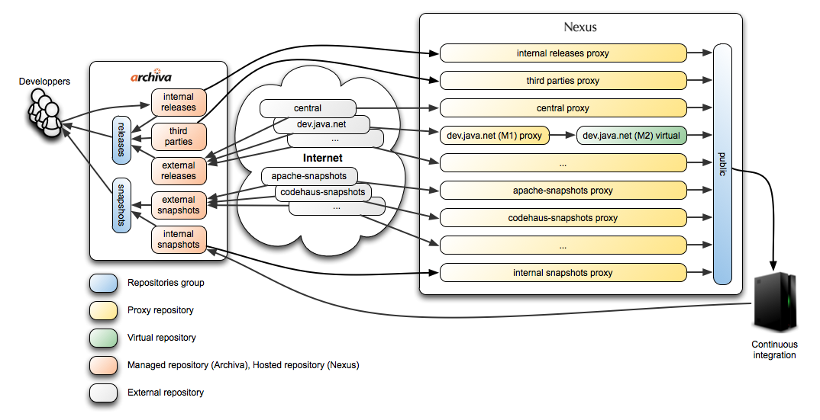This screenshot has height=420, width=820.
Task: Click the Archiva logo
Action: [x=150, y=76]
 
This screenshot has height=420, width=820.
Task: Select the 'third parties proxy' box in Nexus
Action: [x=563, y=81]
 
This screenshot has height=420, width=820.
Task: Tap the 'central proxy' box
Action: [x=563, y=108]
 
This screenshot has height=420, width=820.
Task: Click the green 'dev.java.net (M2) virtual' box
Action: [x=631, y=135]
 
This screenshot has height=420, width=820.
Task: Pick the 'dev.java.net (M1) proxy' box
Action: [x=494, y=135]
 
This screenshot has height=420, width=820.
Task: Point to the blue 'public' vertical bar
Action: [x=722, y=164]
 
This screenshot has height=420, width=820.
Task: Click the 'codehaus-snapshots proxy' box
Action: [x=563, y=218]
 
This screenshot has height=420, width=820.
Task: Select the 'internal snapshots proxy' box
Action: [x=563, y=273]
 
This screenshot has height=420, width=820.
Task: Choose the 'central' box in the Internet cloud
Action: [x=308, y=108]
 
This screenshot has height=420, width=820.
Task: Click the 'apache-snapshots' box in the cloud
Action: [x=309, y=176]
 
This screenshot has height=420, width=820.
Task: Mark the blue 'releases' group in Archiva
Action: [x=122, y=139]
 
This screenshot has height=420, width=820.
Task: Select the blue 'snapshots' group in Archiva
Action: [x=122, y=205]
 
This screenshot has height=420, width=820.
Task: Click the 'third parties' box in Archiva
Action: [x=179, y=136]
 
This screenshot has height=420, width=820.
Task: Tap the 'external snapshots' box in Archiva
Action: [x=179, y=205]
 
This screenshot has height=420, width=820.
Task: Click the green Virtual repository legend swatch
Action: [x=104, y=338]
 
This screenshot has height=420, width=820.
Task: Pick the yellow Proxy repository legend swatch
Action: [x=104, y=310]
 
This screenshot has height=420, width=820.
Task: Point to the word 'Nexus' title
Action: [x=580, y=27]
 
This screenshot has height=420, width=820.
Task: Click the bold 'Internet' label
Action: [x=323, y=158]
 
